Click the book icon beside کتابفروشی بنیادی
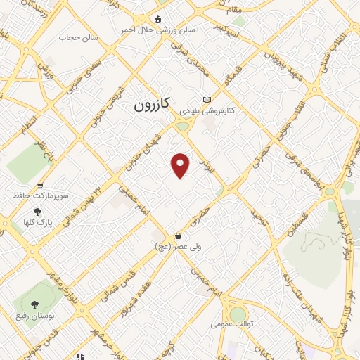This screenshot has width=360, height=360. (x=205, y=100)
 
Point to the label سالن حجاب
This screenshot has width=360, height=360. (x=72, y=37)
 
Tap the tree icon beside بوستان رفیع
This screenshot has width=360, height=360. (x=34, y=304)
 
